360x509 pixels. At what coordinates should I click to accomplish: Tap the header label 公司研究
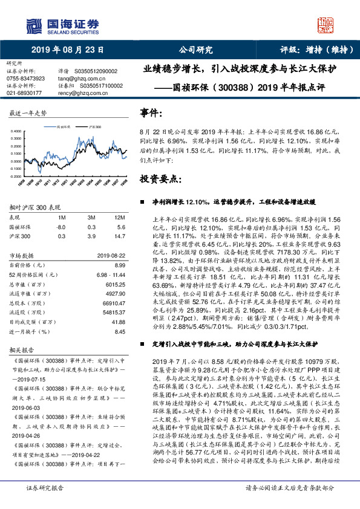pos(196,50)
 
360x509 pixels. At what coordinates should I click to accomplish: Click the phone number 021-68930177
pos(24,93)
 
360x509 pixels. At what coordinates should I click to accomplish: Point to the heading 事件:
pos(151,114)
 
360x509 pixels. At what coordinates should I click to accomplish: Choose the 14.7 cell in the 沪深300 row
pos(120,236)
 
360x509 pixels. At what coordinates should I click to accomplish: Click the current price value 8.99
pos(119,265)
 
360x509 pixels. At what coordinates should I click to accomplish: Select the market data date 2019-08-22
pos(110,256)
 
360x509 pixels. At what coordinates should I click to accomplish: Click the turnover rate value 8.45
pos(119,331)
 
